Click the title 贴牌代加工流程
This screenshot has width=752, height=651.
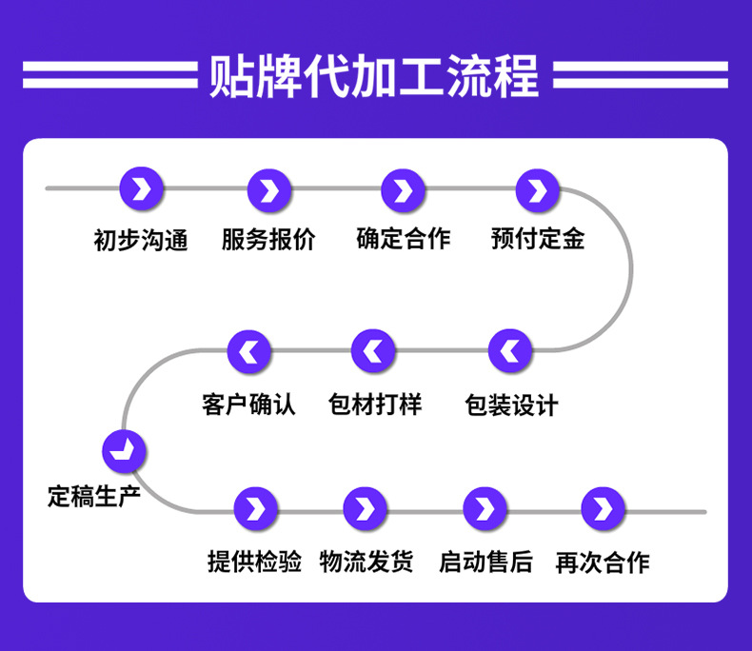[374, 76]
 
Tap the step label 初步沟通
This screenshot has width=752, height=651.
[141, 240]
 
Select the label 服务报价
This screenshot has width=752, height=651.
[269, 239]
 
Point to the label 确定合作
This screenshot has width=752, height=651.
[404, 238]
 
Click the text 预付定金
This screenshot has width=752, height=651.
[538, 238]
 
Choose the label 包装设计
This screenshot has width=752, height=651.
[511, 404]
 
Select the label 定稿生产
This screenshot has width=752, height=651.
[94, 496]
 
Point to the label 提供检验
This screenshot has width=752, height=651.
[255, 562]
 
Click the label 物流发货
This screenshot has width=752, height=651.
[366, 562]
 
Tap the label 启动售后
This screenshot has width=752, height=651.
[485, 562]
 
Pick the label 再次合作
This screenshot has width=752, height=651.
[603, 562]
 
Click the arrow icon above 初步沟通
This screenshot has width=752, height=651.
[142, 189]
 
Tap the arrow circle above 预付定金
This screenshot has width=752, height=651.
[538, 191]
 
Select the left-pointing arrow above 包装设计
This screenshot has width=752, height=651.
[511, 352]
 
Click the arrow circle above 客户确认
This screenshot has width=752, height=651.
[249, 352]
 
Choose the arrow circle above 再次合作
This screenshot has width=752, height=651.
[603, 510]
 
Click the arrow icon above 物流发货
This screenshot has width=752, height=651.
[366, 510]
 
